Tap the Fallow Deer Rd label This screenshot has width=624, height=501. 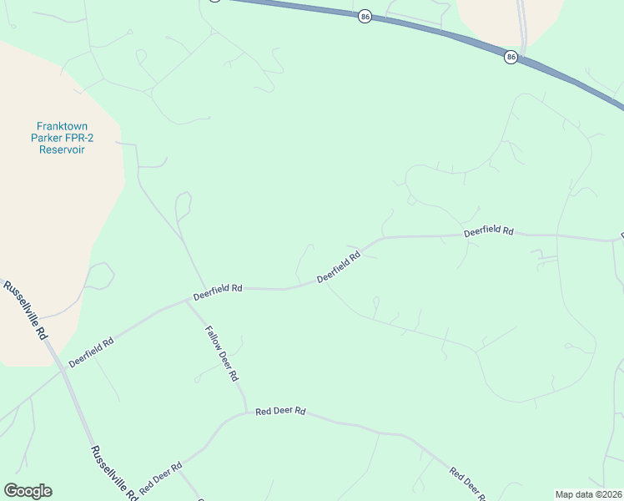pyautogui.click(x=222, y=353)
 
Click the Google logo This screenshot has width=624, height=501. pyautogui.click(x=28, y=491)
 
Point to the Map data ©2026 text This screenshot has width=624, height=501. pyautogui.click(x=588, y=494)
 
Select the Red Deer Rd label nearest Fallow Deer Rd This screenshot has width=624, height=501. pyautogui.click(x=281, y=411)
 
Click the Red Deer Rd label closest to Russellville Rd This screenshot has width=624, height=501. pyautogui.click(x=160, y=478)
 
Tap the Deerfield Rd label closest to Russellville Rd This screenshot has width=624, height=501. pyautogui.click(x=91, y=352)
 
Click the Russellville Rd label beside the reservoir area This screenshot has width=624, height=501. pyautogui.click(x=26, y=309)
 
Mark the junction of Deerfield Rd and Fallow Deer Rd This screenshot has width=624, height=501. pyautogui.click(x=186, y=301)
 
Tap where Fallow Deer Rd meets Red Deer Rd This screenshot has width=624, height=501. pyautogui.click(x=246, y=412)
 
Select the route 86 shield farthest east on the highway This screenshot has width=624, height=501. pyautogui.click(x=511, y=57)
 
